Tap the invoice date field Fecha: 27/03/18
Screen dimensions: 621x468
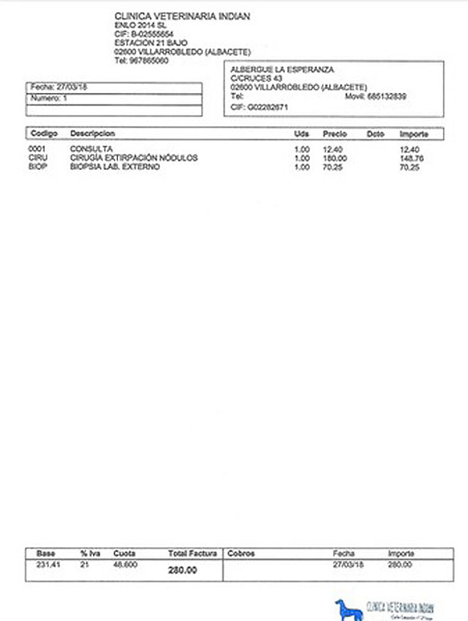(59, 88)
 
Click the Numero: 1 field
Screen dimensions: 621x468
(49, 99)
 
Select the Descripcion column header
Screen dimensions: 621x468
(92, 134)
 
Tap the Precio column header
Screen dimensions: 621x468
(335, 134)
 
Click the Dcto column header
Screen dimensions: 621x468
(376, 134)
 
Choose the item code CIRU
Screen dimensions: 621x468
(37, 158)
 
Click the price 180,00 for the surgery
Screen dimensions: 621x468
(336, 158)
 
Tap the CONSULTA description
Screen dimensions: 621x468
(91, 148)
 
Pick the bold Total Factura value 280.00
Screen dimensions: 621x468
(182, 571)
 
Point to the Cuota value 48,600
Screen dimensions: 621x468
(126, 564)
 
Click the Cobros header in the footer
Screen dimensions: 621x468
(241, 553)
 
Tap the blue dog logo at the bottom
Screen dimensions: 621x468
(348, 609)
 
